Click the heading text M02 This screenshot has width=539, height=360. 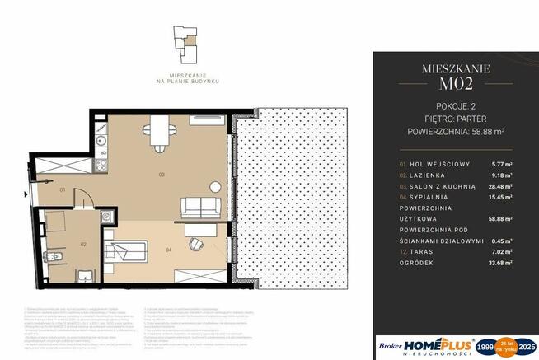(x=455, y=84)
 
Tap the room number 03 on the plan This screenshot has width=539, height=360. (x=162, y=174)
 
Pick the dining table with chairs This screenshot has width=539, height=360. (x=158, y=129)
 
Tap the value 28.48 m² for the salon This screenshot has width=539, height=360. (x=501, y=186)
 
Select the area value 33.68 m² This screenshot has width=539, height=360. (x=501, y=263)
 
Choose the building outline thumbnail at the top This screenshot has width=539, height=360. (x=184, y=42)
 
